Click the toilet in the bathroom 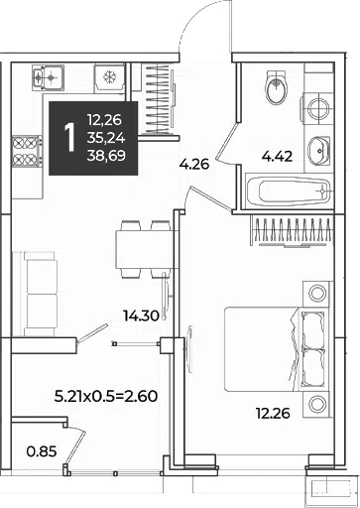[x=277, y=87]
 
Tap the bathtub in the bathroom [x=289, y=191]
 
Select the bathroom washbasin [x=318, y=150]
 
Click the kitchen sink [x=48, y=77]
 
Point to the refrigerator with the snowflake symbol [x=109, y=78]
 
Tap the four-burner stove [x=27, y=151]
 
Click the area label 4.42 [x=277, y=157]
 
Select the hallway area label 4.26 [x=194, y=164]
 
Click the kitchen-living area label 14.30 [x=141, y=317]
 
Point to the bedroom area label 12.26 [x=273, y=413]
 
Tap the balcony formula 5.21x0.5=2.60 [x=106, y=396]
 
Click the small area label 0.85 [x=42, y=451]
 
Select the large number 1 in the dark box [x=69, y=137]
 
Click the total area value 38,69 [x=106, y=155]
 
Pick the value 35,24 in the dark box [x=106, y=138]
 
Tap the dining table [x=143, y=249]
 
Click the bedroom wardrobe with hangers [x=293, y=231]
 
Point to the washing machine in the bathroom [x=318, y=108]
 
